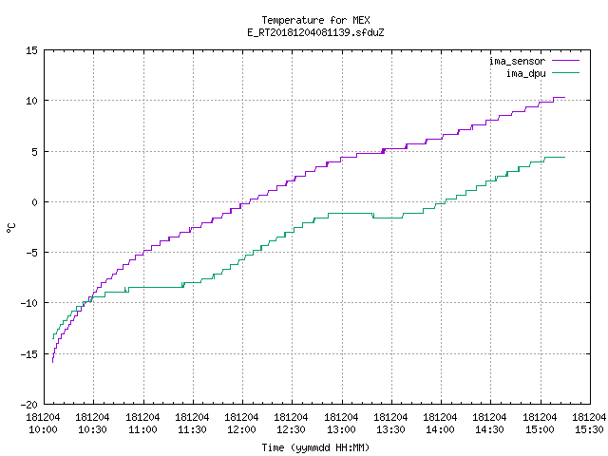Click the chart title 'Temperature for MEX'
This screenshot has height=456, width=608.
(315, 20)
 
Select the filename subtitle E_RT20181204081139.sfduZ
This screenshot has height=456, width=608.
(315, 32)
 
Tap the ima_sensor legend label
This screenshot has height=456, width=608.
(517, 61)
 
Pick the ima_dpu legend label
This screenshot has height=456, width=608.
(525, 73)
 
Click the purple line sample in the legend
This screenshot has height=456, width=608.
(565, 61)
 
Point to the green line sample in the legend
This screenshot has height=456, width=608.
(565, 72)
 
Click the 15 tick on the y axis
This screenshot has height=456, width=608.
(31, 50)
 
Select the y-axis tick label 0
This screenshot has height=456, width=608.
(34, 202)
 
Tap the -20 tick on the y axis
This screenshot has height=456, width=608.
(29, 405)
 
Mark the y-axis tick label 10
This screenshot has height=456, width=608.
(31, 101)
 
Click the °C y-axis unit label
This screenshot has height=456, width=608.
(11, 227)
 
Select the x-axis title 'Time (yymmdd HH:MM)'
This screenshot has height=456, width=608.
(315, 447)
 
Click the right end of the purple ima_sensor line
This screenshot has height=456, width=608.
(564, 97)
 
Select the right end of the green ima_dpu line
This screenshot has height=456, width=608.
(564, 157)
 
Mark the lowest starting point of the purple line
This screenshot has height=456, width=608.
(53, 362)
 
